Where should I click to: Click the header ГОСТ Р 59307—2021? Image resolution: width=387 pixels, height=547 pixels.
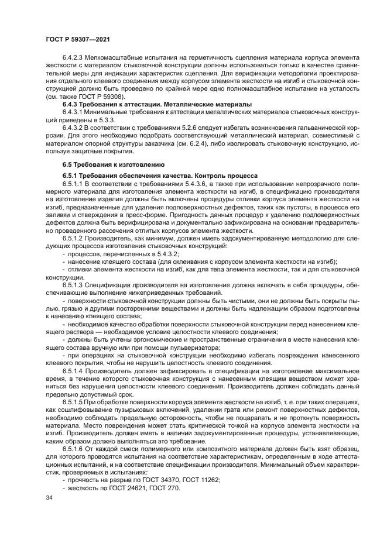click(78, 38)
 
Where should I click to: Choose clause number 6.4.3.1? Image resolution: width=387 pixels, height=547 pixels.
click(74, 112)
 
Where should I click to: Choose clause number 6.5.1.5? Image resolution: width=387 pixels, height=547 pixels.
click(74, 404)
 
